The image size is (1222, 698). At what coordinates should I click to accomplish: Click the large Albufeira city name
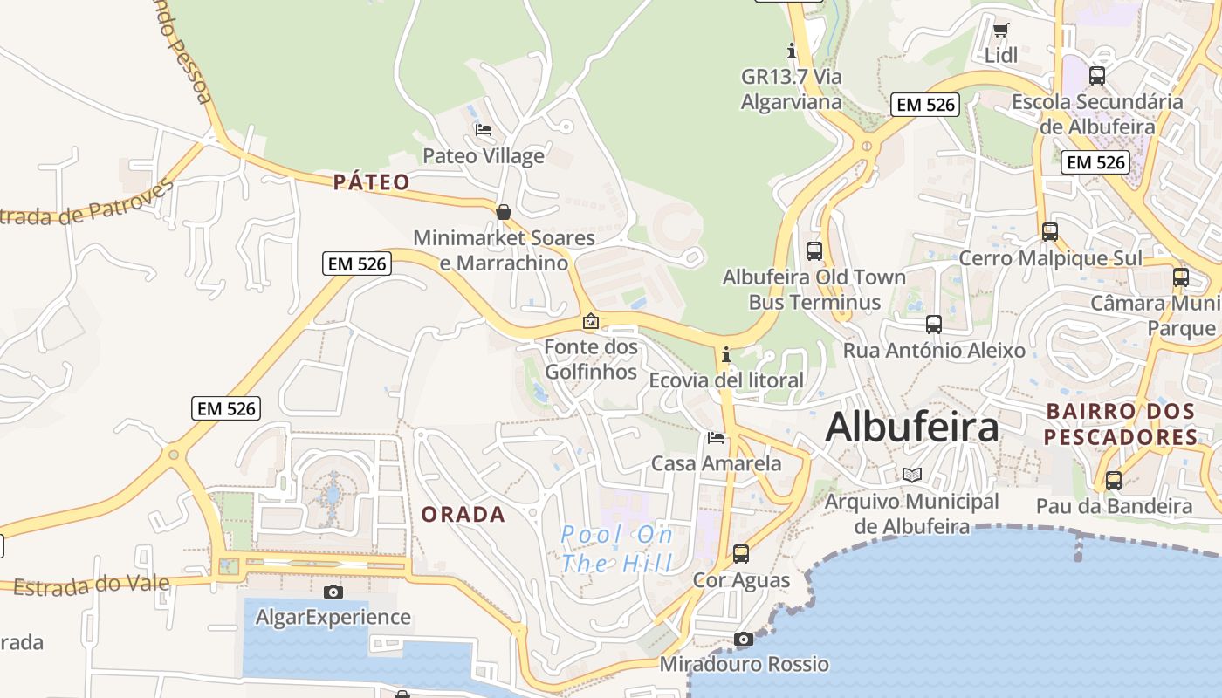tap(912, 428)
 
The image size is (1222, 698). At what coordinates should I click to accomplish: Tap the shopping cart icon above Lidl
tap(1001, 31)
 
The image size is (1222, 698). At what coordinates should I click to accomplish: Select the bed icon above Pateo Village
tap(483, 130)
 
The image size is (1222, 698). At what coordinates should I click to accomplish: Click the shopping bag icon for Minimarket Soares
tap(504, 212)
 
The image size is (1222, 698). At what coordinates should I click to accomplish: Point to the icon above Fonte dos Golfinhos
tap(591, 321)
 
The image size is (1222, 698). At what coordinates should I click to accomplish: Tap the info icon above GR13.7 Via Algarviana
tap(792, 51)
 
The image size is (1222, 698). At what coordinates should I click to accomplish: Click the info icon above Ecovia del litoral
tap(725, 354)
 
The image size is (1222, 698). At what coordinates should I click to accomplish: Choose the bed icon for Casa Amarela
tap(716, 437)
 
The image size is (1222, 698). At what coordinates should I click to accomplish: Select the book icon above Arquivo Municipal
tap(912, 476)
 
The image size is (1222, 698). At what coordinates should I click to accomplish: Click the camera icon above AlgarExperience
tap(333, 592)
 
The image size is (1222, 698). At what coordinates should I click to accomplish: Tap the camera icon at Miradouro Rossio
tap(744, 639)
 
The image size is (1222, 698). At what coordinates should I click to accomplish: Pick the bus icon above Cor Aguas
tap(741, 553)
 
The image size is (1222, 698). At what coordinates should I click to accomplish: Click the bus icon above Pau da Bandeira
tap(1113, 480)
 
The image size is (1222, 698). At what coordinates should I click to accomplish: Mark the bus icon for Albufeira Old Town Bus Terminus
tap(814, 251)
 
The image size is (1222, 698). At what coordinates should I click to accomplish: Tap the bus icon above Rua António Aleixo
tap(934, 325)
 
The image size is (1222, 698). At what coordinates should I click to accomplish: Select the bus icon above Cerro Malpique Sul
tap(1050, 232)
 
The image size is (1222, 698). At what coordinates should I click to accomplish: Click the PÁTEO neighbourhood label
tap(372, 182)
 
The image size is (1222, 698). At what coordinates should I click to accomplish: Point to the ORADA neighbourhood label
tap(463, 515)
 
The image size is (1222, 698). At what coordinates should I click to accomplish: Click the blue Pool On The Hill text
tap(617, 549)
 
